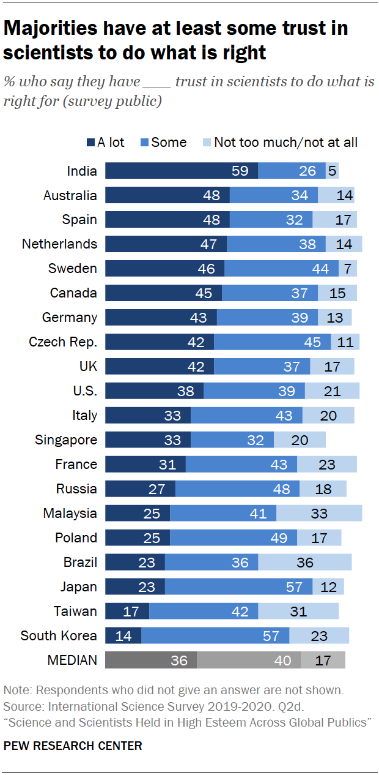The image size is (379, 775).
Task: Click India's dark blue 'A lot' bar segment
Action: tap(181, 171)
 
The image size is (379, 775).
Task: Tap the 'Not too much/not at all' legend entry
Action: tap(281, 143)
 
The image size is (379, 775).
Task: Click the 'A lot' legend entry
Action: tap(105, 143)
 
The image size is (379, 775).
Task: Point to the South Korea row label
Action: tap(59, 635)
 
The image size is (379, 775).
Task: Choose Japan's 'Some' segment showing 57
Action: tap(238, 586)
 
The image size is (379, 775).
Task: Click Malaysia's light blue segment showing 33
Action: tap(318, 513)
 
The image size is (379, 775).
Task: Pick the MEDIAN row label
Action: tap(72, 660)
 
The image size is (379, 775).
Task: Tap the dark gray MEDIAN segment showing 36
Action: tap(151, 660)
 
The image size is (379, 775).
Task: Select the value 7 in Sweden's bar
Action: tap(348, 268)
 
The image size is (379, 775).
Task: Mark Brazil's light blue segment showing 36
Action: tap(304, 562)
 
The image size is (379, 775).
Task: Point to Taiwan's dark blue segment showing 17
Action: tap(127, 611)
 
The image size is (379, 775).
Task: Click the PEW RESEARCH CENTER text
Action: tap(73, 746)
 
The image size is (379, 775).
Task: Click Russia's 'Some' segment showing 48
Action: tap(237, 489)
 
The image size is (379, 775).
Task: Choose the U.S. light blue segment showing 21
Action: tap(332, 391)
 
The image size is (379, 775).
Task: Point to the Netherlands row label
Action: tap(59, 244)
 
